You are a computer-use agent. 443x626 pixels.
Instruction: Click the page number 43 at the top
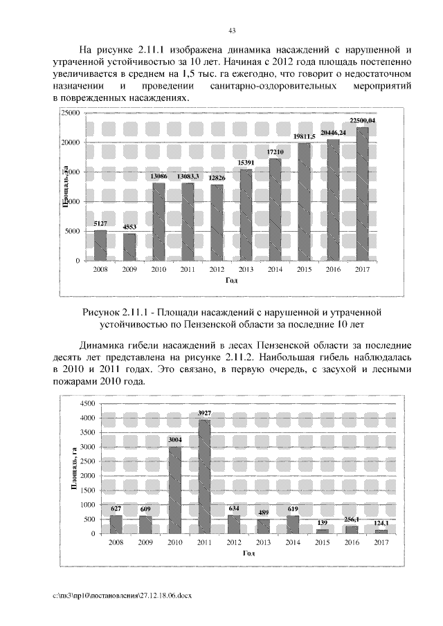tap(232, 29)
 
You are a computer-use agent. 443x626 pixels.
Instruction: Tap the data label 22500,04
tap(362, 121)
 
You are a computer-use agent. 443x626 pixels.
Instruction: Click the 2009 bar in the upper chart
tap(129, 247)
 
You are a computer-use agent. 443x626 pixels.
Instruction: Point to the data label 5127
tap(100, 223)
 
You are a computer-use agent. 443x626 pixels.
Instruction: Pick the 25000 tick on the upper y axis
tap(72, 113)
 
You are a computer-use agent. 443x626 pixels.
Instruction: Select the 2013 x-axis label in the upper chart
tap(246, 270)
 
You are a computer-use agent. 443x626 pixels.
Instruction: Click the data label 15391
tap(246, 163)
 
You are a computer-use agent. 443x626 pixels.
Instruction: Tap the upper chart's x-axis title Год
tap(231, 281)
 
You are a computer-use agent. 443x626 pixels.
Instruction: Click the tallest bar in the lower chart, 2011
tap(204, 477)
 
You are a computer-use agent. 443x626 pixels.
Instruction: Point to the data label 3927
tap(204, 413)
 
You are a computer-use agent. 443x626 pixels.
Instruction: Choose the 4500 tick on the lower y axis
tap(87, 403)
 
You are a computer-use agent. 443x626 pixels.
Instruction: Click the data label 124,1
tap(381, 523)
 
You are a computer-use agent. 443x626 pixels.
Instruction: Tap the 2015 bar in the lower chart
tap(322, 531)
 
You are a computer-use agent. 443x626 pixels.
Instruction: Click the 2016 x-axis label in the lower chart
tap(352, 543)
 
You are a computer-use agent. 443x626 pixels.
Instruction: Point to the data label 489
tap(263, 513)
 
